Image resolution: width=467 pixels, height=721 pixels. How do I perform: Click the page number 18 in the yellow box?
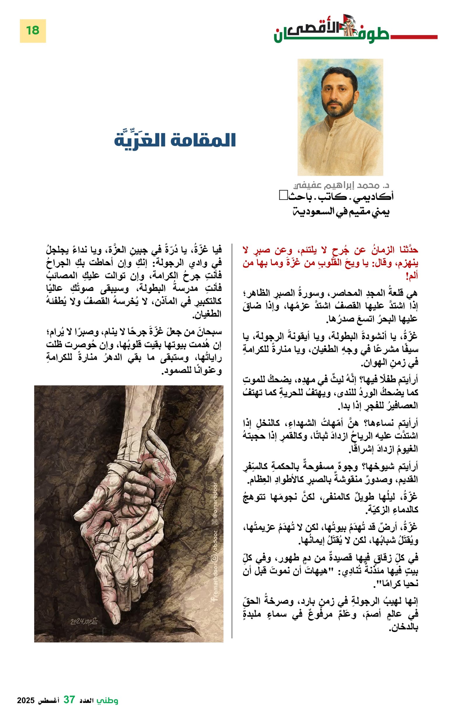click(x=32, y=31)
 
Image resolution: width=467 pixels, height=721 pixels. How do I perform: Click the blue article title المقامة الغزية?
click(x=175, y=140)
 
